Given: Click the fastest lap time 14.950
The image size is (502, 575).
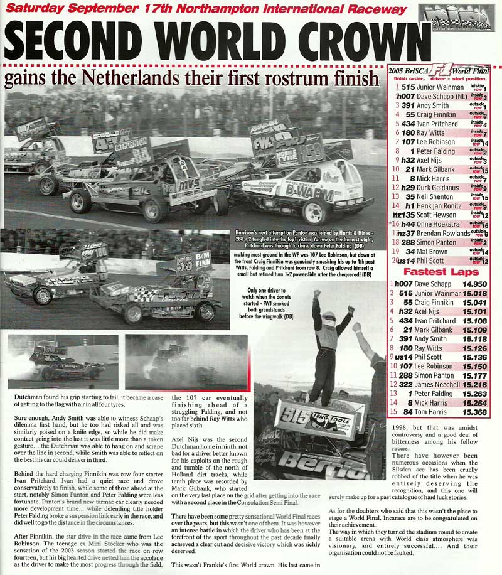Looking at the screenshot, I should tap(475, 284).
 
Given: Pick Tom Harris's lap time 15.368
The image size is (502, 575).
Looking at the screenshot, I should tap(475, 412).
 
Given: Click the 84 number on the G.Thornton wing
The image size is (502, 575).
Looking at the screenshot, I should tap(142, 155).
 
